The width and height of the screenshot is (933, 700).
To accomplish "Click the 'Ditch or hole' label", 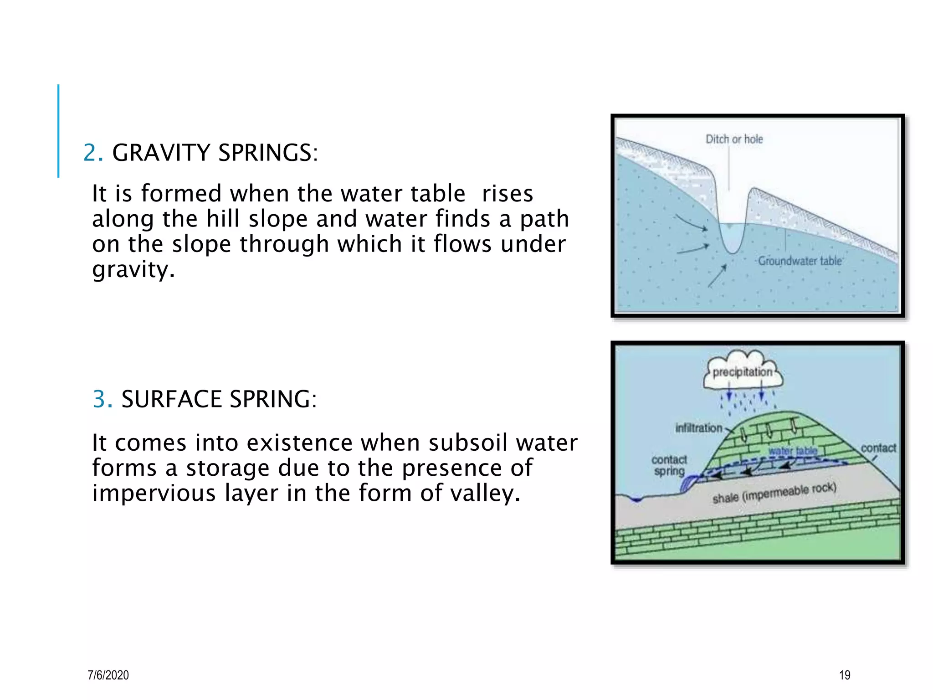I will coord(734,139).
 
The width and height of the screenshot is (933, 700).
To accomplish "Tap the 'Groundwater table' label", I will coord(800,261).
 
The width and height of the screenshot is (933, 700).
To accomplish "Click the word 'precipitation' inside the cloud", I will coord(742,372).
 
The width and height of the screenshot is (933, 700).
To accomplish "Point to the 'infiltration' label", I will coord(698,428).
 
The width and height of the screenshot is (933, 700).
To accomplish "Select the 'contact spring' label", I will coord(669,465).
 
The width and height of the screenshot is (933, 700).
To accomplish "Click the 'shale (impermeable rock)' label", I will coord(774,493).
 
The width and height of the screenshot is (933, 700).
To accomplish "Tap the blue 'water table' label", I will coord(793,451).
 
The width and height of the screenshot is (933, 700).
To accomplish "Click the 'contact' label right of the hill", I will coord(878,448).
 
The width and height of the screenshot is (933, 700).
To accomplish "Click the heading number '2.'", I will coord(93,153).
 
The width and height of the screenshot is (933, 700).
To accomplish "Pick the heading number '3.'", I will coord(103,399).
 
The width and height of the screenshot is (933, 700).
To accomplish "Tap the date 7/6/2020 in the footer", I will coord(108,675).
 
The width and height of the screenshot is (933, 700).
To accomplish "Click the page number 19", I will coord(845,675).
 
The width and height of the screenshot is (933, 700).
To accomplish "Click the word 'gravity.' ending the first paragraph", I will coord(133,269).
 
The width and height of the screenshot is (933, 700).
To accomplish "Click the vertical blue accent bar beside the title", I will coord(58,131).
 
